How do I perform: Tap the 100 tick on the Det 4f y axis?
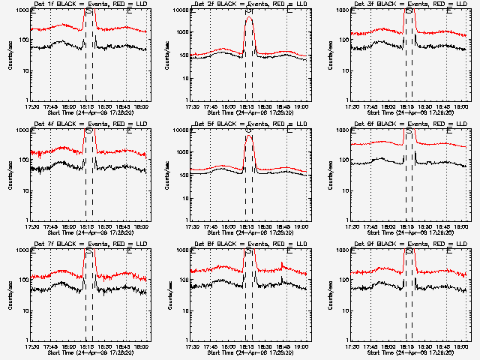[x=22, y=160]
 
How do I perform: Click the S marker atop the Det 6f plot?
[x=409, y=131]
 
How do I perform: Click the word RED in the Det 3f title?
[x=439, y=5]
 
